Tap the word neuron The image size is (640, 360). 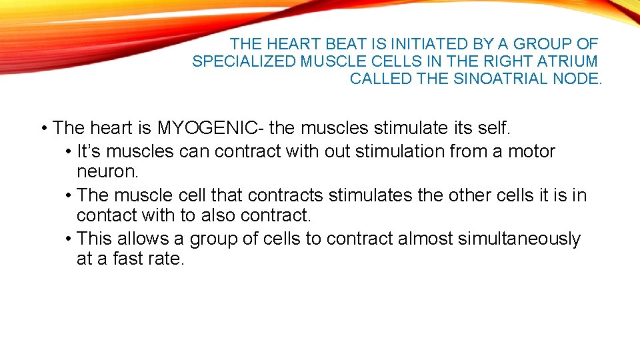[x=107, y=171]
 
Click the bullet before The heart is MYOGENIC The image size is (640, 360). [x=43, y=127]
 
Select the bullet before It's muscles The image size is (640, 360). [x=69, y=151]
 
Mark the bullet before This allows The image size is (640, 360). [x=69, y=238]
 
